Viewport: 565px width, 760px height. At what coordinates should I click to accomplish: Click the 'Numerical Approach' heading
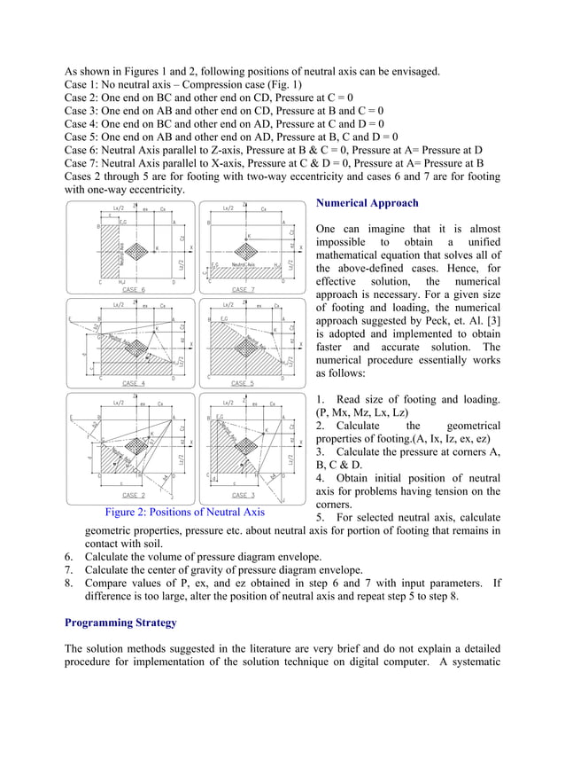[368, 203]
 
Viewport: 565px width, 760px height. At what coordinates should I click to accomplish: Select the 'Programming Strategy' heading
[120, 623]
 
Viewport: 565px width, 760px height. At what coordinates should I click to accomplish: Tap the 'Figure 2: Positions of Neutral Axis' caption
[184, 512]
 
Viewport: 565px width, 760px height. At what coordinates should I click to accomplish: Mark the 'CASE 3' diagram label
[243, 495]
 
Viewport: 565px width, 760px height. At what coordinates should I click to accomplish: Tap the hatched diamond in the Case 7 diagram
[249, 248]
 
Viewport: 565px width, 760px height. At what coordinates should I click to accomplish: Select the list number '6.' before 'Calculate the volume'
[70, 556]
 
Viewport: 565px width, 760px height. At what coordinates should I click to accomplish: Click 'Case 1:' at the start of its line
[83, 85]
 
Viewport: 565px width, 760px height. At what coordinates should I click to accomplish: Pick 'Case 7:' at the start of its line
[83, 163]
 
